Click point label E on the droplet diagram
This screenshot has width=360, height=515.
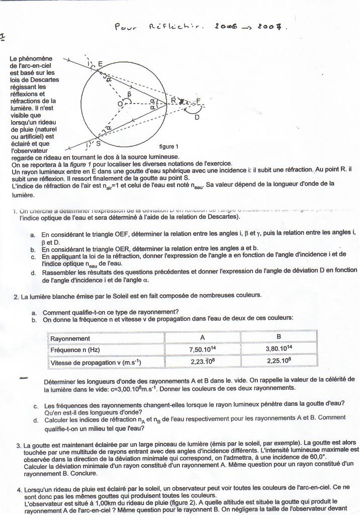[101, 64]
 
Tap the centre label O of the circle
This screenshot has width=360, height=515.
[120, 104]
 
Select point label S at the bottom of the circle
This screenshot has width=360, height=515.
[98, 143]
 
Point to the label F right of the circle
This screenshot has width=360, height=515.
[199, 101]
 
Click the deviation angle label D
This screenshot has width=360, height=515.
[197, 117]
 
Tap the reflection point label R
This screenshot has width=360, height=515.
[173, 100]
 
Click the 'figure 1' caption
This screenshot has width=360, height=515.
[169, 147]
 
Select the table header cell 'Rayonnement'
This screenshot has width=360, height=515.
[70, 338]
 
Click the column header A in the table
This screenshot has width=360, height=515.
[202, 337]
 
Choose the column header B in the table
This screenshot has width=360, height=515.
[279, 336]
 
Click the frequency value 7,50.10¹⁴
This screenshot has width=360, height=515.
[202, 349]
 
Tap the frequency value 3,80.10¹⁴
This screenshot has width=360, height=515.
[279, 348]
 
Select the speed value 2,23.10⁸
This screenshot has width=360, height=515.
[202, 362]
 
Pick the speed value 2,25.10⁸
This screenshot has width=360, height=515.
[279, 361]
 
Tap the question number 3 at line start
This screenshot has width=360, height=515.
[19, 446]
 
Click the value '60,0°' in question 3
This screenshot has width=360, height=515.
[315, 458]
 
